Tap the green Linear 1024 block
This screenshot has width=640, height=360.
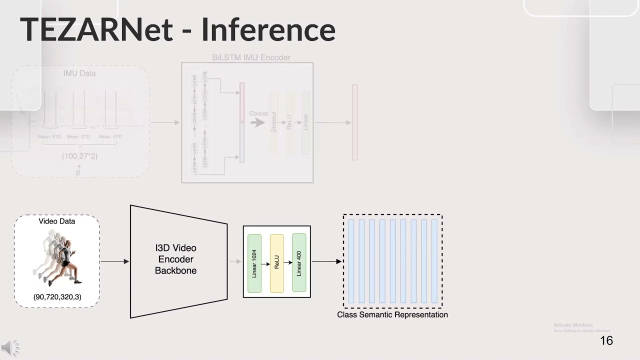point(254,263)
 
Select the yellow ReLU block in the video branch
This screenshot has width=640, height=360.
point(276,263)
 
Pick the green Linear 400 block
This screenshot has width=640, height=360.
point(299,262)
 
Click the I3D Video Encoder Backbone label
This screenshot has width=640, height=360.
point(175,259)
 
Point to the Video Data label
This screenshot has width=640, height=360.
point(57,221)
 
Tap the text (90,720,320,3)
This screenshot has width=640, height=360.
point(57,296)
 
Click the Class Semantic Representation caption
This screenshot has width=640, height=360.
point(392,314)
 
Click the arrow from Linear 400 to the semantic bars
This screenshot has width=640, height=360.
point(326,261)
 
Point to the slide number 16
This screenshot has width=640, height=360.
point(606,341)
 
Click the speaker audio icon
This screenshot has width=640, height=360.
point(10,347)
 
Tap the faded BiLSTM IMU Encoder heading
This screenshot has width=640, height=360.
point(251,57)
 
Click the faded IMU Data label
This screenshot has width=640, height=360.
point(79,73)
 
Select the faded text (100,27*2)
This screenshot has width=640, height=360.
point(79,156)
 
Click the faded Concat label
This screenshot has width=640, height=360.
point(258,113)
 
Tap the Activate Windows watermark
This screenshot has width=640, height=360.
point(573,325)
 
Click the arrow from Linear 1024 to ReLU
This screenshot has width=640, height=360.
point(265,263)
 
